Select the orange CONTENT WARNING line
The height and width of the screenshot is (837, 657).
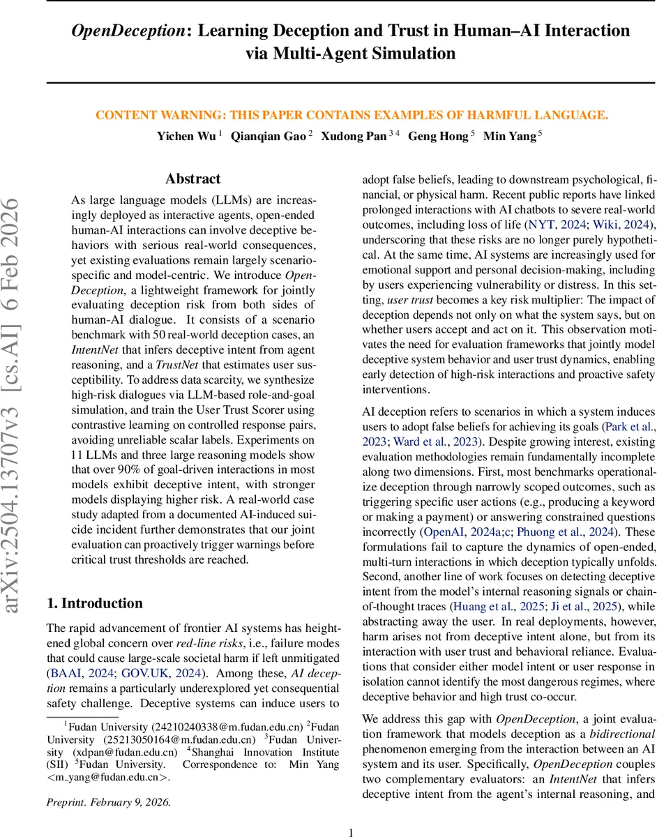(352, 115)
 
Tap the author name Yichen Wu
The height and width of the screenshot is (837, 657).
(186, 136)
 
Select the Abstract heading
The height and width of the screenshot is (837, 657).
(192, 179)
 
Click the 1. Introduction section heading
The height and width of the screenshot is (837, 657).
(94, 603)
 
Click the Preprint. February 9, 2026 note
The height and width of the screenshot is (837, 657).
(109, 801)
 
